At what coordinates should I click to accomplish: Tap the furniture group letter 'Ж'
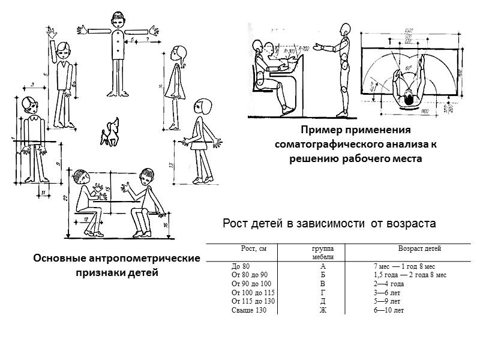point(323,310)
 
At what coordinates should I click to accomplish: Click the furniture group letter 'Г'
point(323,292)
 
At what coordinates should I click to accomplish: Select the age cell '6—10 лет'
point(388,310)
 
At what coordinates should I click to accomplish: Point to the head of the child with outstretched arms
point(118,19)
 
